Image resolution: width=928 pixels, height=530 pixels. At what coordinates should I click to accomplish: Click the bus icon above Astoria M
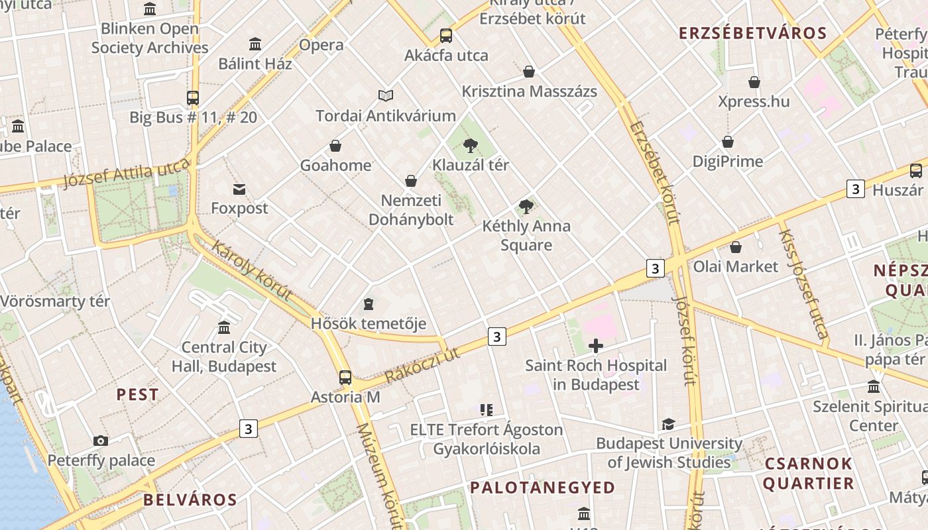click(x=345, y=378)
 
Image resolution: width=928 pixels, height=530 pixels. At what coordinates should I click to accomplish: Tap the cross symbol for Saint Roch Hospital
click(x=596, y=345)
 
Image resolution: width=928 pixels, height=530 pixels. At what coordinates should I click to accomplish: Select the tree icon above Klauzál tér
click(x=471, y=145)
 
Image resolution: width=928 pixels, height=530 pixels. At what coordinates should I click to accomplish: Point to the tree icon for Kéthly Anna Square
click(x=526, y=206)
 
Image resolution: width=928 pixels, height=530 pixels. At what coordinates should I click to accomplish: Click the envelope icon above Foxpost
click(x=239, y=189)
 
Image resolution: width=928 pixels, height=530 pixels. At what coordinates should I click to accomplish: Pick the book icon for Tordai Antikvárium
click(x=385, y=96)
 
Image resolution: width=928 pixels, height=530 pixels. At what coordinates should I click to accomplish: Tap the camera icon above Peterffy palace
click(x=101, y=441)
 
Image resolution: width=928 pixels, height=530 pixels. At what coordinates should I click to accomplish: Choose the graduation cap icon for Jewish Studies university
click(x=668, y=424)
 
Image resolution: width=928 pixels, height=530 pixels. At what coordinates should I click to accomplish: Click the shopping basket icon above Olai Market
click(x=735, y=247)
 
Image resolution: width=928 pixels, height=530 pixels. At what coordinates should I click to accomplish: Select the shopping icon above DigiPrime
click(x=728, y=142)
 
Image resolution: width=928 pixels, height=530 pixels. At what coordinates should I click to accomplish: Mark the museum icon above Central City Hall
click(x=224, y=327)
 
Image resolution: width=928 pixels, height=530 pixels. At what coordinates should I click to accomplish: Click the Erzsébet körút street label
click(x=656, y=172)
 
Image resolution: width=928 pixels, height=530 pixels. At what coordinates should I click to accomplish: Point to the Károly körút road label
click(x=251, y=270)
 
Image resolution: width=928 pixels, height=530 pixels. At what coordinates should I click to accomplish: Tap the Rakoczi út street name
click(x=422, y=365)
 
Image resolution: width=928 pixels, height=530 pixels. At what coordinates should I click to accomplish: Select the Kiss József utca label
click(x=803, y=284)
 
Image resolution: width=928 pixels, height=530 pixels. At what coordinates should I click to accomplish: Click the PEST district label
click(x=138, y=395)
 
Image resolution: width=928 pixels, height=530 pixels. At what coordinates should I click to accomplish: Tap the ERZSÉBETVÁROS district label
click(x=753, y=33)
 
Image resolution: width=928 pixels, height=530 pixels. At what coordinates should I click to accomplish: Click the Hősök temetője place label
click(x=369, y=324)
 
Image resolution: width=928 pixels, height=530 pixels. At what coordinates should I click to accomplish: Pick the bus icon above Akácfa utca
click(x=446, y=36)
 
